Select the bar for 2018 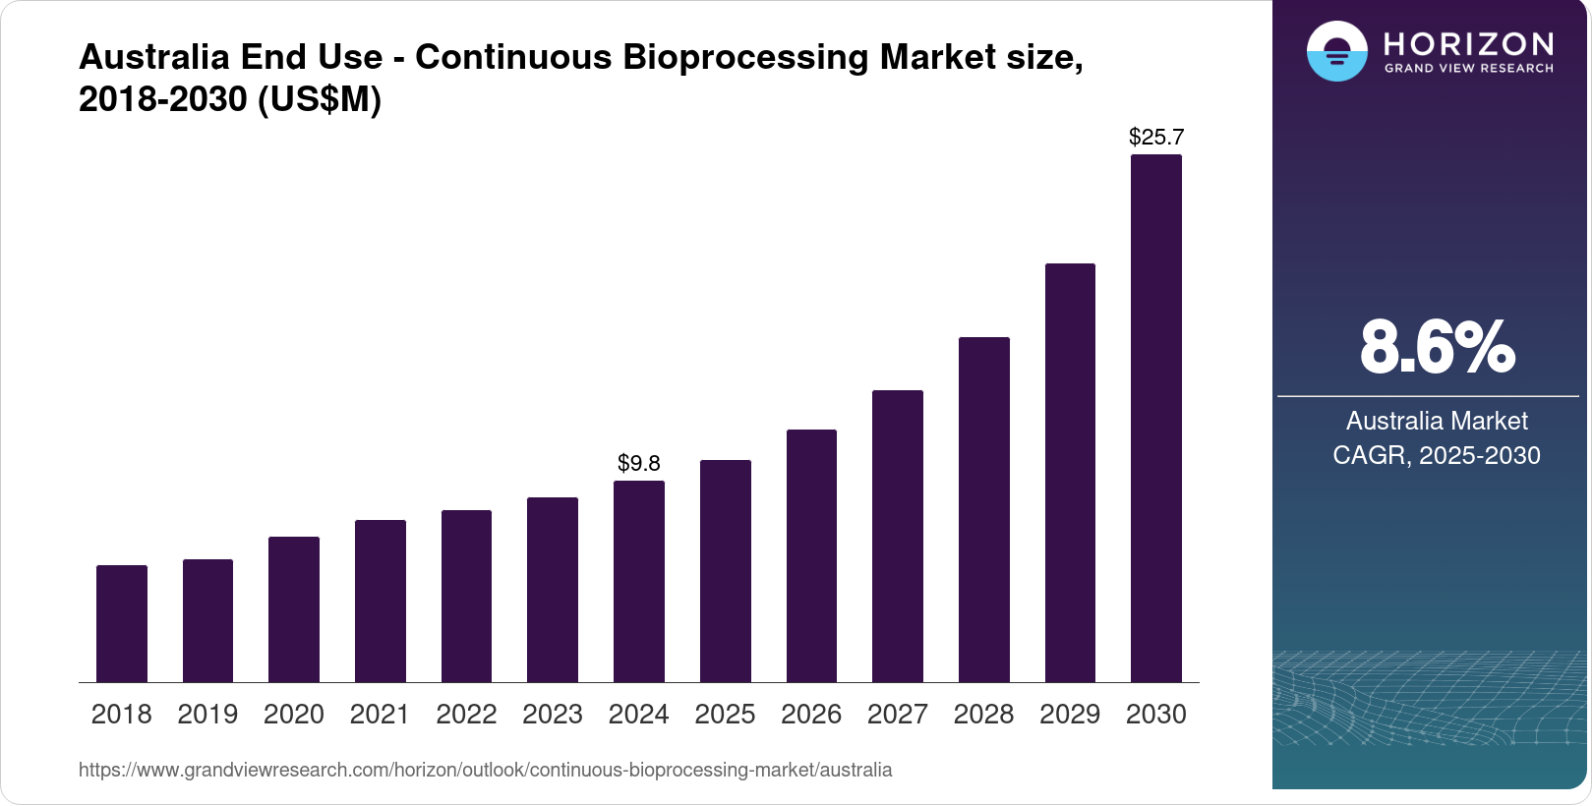[x=122, y=623]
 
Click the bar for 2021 [x=381, y=601]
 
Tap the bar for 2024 [x=639, y=581]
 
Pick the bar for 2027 [x=897, y=536]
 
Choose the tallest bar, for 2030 [x=1155, y=418]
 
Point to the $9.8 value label [x=639, y=463]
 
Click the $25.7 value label [x=1156, y=138]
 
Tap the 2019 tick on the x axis [x=207, y=715]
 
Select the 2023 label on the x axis [x=553, y=715]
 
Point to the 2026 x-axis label [x=811, y=715]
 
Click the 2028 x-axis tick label [x=983, y=715]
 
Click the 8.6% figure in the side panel [x=1437, y=347]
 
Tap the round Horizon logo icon [x=1336, y=52]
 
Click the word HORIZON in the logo [x=1469, y=43]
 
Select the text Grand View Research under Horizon [x=1469, y=69]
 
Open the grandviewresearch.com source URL [x=486, y=771]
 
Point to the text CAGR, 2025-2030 [x=1436, y=455]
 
